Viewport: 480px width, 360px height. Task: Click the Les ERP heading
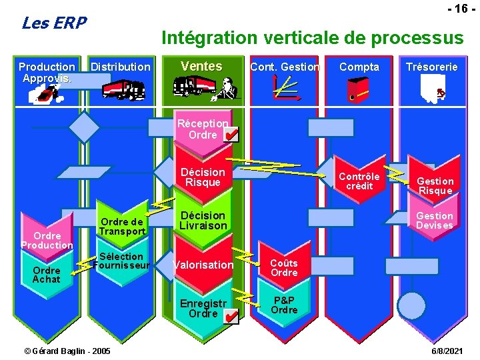pos(54,23)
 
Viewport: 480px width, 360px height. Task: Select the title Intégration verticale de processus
pos(312,38)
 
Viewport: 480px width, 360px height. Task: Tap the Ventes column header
pos(201,66)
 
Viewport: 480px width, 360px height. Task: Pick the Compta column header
pos(359,67)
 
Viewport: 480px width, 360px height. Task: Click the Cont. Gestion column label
pos(285,67)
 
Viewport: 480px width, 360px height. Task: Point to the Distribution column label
pos(120,67)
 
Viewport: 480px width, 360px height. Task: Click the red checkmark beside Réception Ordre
pos(231,136)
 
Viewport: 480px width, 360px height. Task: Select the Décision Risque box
pos(203,177)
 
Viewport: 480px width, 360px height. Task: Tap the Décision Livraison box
pos(203,221)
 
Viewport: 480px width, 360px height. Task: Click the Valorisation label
pos(203,265)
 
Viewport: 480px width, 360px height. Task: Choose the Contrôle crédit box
pos(359,181)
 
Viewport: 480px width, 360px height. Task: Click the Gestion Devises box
pos(434,220)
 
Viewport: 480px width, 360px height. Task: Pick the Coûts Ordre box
pos(284,267)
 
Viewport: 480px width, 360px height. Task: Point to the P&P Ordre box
pos(284,305)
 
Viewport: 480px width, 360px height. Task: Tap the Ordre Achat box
pos(47,275)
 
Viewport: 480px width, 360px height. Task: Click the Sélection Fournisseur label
pos(121,261)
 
